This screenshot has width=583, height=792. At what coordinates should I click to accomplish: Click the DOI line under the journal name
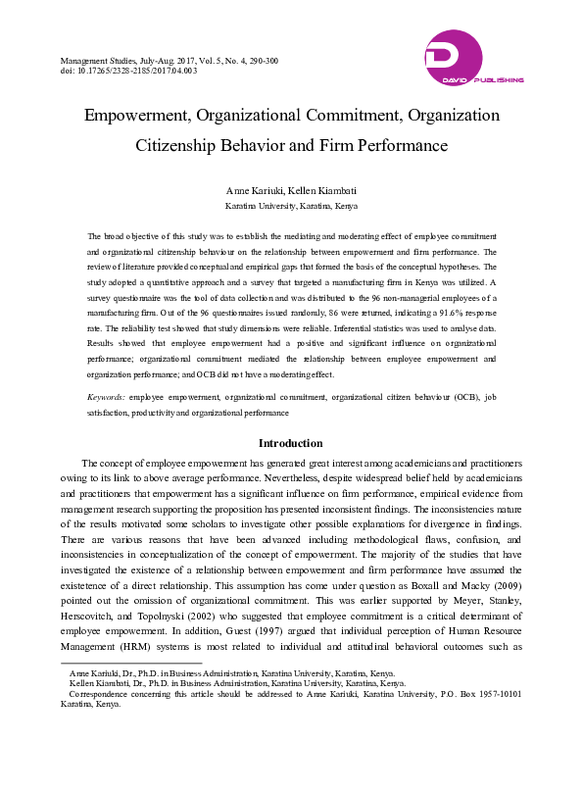click(x=128, y=71)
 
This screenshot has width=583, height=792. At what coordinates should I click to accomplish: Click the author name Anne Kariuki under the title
click(x=255, y=189)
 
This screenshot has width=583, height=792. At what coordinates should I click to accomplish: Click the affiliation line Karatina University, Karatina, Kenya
click(x=291, y=207)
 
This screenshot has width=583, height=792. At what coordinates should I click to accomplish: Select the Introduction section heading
click(x=291, y=443)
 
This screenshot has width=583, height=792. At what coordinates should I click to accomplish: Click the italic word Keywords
click(x=105, y=397)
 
